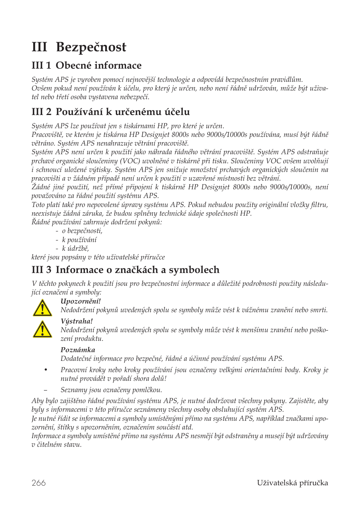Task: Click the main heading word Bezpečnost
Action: pyautogui.click(x=91, y=47)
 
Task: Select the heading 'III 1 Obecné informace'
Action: pyautogui.click(x=86, y=66)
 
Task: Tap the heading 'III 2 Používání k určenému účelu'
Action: pyautogui.click(x=111, y=112)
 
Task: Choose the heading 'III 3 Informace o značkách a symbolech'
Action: pyautogui.click(x=125, y=270)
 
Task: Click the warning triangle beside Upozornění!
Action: pyautogui.click(x=42, y=308)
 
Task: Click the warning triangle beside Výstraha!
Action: pyautogui.click(x=42, y=329)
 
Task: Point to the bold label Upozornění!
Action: pyautogui.click(x=80, y=301)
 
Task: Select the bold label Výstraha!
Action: pyautogui.click(x=77, y=321)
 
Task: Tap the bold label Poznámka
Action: pyautogui.click(x=78, y=350)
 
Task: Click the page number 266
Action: pyautogui.click(x=38, y=483)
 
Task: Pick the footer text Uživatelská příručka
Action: pyautogui.click(x=292, y=483)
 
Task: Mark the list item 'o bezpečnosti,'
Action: pyautogui.click(x=82, y=231)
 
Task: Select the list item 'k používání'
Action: pyautogui.click(x=79, y=240)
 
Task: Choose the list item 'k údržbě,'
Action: pyautogui.click(x=75, y=248)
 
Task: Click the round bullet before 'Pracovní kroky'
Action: pyautogui.click(x=46, y=370)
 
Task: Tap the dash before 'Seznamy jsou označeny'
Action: pyautogui.click(x=46, y=390)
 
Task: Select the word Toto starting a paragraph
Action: pyautogui.click(x=38, y=205)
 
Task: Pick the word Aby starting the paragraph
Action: pyautogui.click(x=38, y=401)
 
